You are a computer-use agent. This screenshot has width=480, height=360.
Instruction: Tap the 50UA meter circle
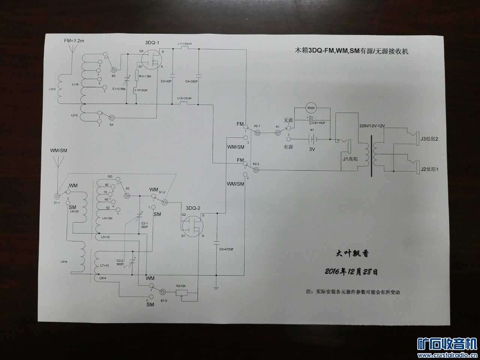tap(312, 108)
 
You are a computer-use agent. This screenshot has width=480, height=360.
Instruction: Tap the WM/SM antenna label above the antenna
tap(59, 151)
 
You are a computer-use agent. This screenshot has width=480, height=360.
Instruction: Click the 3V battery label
tap(312, 149)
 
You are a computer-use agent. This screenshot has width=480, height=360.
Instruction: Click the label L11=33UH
tap(184, 44)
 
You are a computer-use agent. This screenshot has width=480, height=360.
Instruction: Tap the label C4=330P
tap(192, 81)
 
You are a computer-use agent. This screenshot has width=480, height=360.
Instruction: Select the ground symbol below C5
tap(216, 288)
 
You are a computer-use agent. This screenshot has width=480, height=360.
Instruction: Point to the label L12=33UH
tap(184, 98)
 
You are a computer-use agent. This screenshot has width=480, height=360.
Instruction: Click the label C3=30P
tap(166, 81)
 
